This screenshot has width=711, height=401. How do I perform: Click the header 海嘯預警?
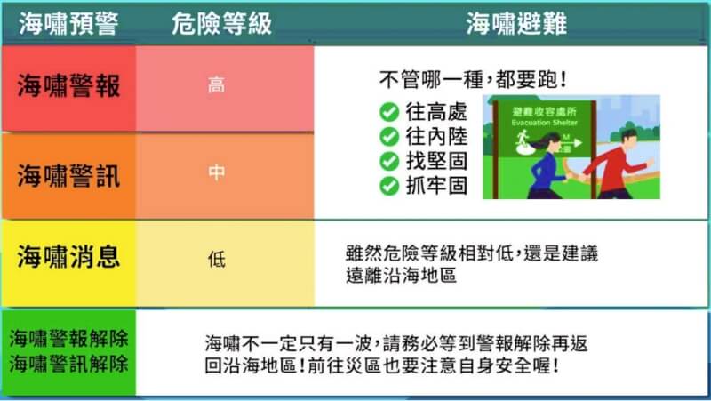[68, 23]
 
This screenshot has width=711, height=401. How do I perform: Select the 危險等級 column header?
[220, 23]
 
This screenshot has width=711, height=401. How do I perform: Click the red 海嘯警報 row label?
[68, 87]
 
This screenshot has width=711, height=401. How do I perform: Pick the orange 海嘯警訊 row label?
[68, 175]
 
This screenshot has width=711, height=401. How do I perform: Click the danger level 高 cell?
[216, 87]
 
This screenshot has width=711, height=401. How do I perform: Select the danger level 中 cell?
[216, 173]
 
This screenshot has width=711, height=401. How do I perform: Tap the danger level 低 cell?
[216, 260]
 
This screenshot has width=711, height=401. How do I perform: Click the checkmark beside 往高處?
[388, 112]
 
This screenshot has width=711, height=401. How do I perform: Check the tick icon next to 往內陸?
[388, 137]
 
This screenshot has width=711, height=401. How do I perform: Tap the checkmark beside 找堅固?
[388, 161]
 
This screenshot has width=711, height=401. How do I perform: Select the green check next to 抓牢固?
[388, 186]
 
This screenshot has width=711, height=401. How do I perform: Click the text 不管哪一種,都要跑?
[473, 81]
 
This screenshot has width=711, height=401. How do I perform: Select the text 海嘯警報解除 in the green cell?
[68, 339]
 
